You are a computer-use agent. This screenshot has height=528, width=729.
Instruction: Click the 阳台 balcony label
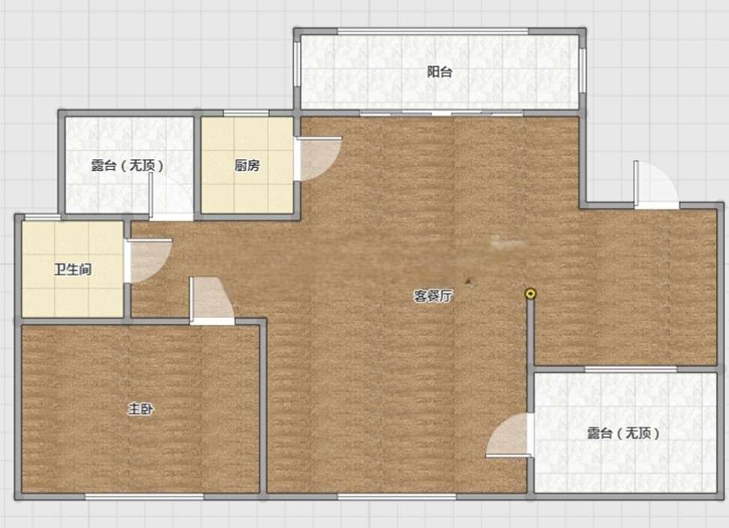[439, 72]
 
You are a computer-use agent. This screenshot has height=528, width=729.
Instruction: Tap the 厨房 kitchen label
[247, 166]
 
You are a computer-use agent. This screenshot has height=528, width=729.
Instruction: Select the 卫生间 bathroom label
[73, 269]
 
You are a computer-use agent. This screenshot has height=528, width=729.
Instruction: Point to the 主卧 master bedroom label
[140, 409]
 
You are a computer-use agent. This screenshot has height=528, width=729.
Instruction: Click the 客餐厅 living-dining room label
[433, 296]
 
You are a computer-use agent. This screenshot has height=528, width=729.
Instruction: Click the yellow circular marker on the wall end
[530, 294]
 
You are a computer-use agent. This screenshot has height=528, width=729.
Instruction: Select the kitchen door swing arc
[319, 158]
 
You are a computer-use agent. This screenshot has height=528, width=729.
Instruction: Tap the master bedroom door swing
[211, 300]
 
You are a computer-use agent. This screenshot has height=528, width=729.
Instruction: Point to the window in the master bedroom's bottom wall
[144, 496]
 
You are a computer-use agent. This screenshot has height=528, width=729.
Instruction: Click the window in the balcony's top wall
[433, 31]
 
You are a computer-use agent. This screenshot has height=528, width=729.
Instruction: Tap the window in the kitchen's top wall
[246, 113]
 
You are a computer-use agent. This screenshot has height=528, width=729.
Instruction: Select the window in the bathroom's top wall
[42, 217]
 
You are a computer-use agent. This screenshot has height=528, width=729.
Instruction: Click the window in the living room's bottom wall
[397, 496]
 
